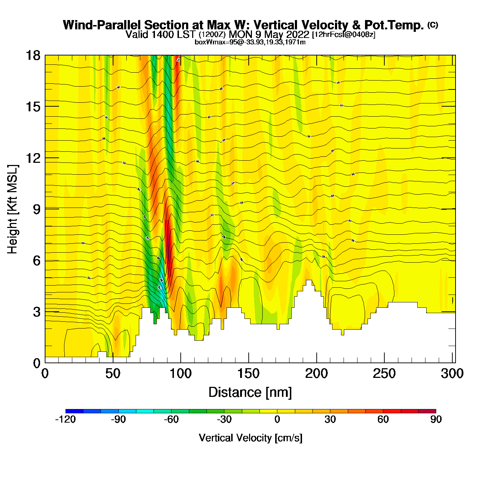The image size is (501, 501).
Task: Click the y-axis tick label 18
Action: click(33, 55)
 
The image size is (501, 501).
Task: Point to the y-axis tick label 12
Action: click(33, 158)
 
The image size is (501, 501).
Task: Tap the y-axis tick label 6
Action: click(37, 261)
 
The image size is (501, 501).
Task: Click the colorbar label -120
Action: click(65, 419)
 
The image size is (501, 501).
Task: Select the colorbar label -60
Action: click(171, 419)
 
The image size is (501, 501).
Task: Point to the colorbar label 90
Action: click(436, 419)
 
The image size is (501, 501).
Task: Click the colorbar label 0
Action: click(277, 419)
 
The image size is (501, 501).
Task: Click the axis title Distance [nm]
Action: click(250, 393)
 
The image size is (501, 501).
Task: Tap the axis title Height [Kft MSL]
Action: click(13, 209)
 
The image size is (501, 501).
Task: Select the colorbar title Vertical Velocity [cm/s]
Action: click(250, 438)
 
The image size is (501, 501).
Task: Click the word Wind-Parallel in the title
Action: click(102, 25)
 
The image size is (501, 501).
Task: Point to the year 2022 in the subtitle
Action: click(298, 35)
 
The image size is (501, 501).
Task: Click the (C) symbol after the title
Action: click(433, 25)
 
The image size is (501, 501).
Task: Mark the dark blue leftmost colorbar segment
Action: click(74, 411)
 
